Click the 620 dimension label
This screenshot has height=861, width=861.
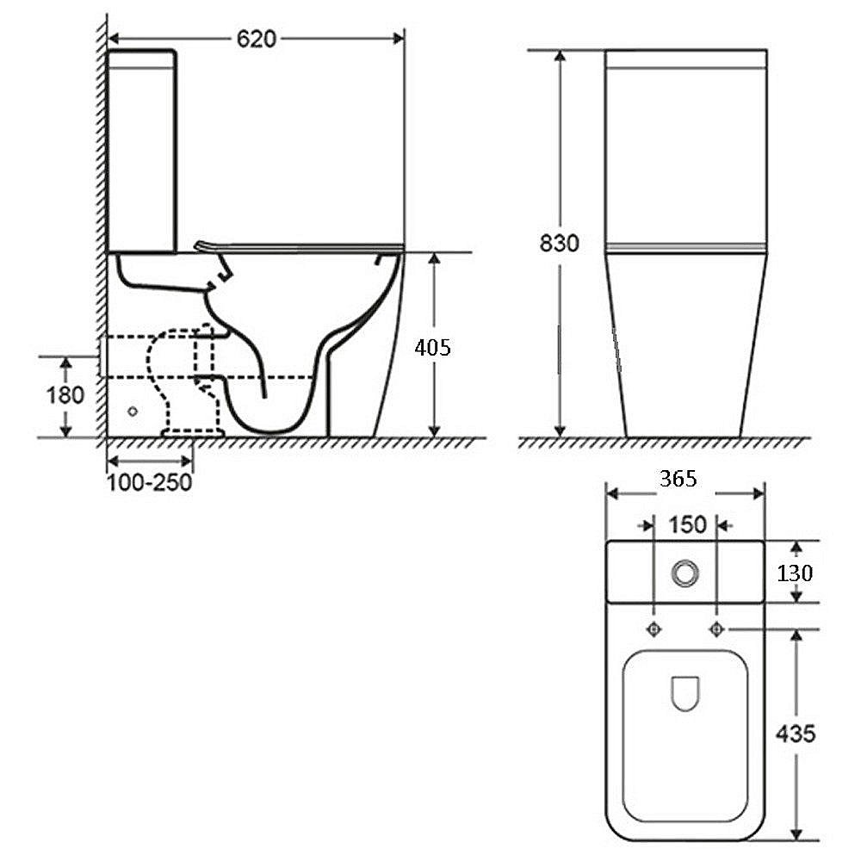click(x=257, y=39)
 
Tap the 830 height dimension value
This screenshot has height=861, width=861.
click(x=559, y=243)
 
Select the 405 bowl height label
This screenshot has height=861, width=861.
click(x=433, y=347)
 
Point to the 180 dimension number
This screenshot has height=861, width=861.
click(x=65, y=395)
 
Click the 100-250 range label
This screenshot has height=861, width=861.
click(x=149, y=482)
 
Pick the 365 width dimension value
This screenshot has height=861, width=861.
click(x=678, y=479)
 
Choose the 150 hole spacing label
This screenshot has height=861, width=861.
click(x=687, y=525)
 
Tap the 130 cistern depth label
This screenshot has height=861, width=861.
click(x=795, y=573)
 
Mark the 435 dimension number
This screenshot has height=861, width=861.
click(x=796, y=733)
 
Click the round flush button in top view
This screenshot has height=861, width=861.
click(x=684, y=573)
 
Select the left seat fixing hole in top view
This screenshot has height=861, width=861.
click(x=654, y=629)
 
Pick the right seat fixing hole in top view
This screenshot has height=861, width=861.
click(x=716, y=629)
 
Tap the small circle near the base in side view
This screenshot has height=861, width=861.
click(x=133, y=411)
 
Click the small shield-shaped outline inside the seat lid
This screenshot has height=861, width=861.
click(x=685, y=693)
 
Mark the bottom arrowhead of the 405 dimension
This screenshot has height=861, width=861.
click(x=434, y=431)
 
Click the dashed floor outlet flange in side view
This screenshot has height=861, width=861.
click(x=193, y=433)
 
